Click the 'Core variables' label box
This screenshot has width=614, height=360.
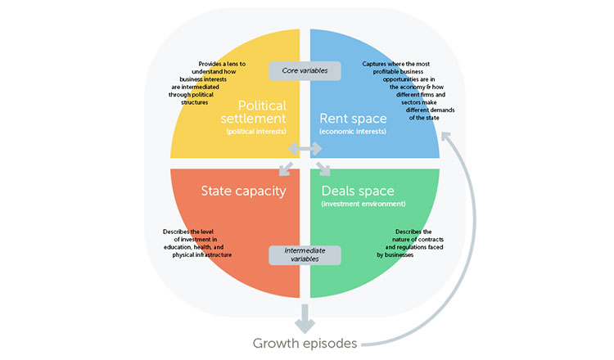click(x=305, y=71)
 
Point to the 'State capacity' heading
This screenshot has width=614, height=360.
click(x=243, y=191)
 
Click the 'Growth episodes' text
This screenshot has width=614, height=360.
click(x=305, y=344)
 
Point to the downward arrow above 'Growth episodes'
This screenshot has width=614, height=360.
click(x=305, y=315)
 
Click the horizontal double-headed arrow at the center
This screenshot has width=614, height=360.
click(x=305, y=150)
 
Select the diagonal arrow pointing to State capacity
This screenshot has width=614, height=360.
click(x=286, y=169)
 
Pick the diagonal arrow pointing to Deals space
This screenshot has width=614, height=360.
click(x=323, y=169)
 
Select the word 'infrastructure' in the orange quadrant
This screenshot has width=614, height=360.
click(x=213, y=254)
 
